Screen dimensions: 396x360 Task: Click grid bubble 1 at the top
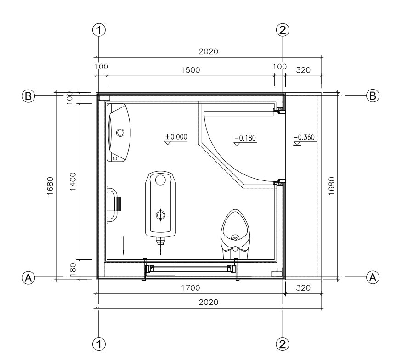click(99, 30)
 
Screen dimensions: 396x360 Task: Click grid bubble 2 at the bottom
click(283, 344)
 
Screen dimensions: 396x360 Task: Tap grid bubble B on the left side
click(28, 96)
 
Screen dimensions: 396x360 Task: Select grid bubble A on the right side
click(373, 277)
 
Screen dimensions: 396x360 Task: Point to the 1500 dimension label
click(191, 70)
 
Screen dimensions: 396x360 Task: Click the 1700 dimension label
click(191, 287)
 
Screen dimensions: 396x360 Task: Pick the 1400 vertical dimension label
click(73, 181)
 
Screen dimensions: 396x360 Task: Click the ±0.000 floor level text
click(176, 136)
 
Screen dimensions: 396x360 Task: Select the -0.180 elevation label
click(245, 138)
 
